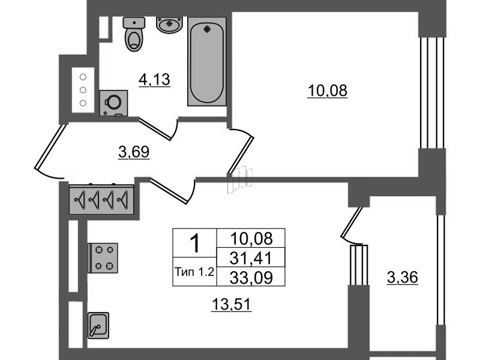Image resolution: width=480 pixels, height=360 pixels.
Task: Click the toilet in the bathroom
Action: (x=134, y=34)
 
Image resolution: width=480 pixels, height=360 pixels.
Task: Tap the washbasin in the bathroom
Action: (x=169, y=25)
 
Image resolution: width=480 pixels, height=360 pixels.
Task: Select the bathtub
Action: (x=207, y=61)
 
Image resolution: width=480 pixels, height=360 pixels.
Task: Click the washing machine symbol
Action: (x=113, y=103)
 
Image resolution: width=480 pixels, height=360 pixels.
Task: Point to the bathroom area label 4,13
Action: (x=154, y=80)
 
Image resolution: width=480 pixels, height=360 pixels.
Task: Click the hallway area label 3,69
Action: (x=134, y=152)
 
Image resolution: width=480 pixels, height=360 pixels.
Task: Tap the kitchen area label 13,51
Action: (x=232, y=305)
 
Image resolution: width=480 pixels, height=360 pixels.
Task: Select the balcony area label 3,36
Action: (x=402, y=278)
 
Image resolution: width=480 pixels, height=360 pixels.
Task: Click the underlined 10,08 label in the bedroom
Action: (x=327, y=91)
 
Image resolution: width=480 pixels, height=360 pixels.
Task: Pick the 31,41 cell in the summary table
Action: (x=251, y=258)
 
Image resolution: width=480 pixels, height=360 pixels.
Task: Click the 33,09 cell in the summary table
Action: (x=251, y=277)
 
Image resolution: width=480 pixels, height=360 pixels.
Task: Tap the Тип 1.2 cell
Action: (x=194, y=272)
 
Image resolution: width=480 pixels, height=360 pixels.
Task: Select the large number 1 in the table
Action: (x=194, y=243)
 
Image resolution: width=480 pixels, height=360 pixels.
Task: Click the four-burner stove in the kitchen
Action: (x=103, y=258)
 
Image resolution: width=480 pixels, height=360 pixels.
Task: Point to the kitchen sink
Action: (x=98, y=325)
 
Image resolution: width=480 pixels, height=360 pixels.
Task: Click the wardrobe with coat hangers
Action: (x=101, y=199)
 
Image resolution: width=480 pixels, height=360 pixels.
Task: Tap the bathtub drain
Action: (x=207, y=29)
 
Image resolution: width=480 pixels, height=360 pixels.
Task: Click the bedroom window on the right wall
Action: (x=431, y=93)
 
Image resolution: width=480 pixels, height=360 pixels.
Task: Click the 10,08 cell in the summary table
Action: (x=251, y=238)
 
